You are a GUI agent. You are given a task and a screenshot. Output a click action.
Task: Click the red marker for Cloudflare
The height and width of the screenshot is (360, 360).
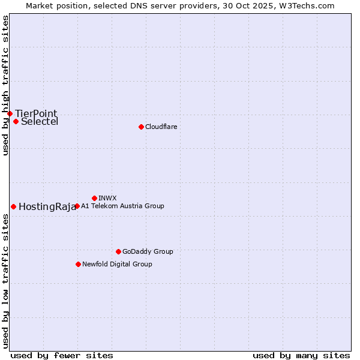coord(141,127)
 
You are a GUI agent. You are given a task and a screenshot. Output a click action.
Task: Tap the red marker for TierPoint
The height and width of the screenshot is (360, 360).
coord(10,113)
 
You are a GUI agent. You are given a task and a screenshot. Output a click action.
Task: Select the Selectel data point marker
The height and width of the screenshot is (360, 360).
coord(16,121)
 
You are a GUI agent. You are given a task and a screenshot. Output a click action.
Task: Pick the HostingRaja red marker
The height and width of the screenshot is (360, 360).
coord(13,206)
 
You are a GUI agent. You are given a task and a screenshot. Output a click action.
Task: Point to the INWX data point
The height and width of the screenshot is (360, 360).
coord(94,198)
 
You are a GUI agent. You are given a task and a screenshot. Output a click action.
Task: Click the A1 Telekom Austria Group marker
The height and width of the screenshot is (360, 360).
coord(77,206)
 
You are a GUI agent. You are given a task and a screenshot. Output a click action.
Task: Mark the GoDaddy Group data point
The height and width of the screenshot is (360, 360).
coord(118,251)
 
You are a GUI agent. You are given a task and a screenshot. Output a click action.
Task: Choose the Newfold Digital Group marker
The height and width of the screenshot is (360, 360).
coord(78,264)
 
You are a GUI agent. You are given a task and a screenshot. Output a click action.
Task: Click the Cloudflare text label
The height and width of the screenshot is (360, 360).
coord(161,127)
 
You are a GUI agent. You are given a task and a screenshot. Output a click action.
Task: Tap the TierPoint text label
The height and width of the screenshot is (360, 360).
coord(36,113)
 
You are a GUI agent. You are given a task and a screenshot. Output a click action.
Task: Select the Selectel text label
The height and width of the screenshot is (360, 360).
coord(40,122)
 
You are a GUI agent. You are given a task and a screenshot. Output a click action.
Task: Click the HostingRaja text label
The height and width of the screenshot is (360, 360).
coord(47,207)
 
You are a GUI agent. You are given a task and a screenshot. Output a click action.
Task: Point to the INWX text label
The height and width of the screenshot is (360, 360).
coord(107,198)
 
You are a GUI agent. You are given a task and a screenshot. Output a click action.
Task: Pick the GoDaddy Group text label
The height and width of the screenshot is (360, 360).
coord(148,251)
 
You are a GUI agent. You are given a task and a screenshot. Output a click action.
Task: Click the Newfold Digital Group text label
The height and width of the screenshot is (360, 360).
coord(117,264)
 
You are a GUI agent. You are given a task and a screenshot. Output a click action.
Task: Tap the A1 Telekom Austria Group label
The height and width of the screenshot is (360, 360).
coord(122,206)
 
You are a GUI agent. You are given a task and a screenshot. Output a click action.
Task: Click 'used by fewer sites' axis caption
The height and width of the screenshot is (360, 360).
coord(62,355)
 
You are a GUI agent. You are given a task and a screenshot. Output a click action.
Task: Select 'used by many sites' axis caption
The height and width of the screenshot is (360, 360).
coord(301,355)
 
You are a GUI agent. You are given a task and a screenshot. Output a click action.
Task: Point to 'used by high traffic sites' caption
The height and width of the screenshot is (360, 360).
coord(5,85)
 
